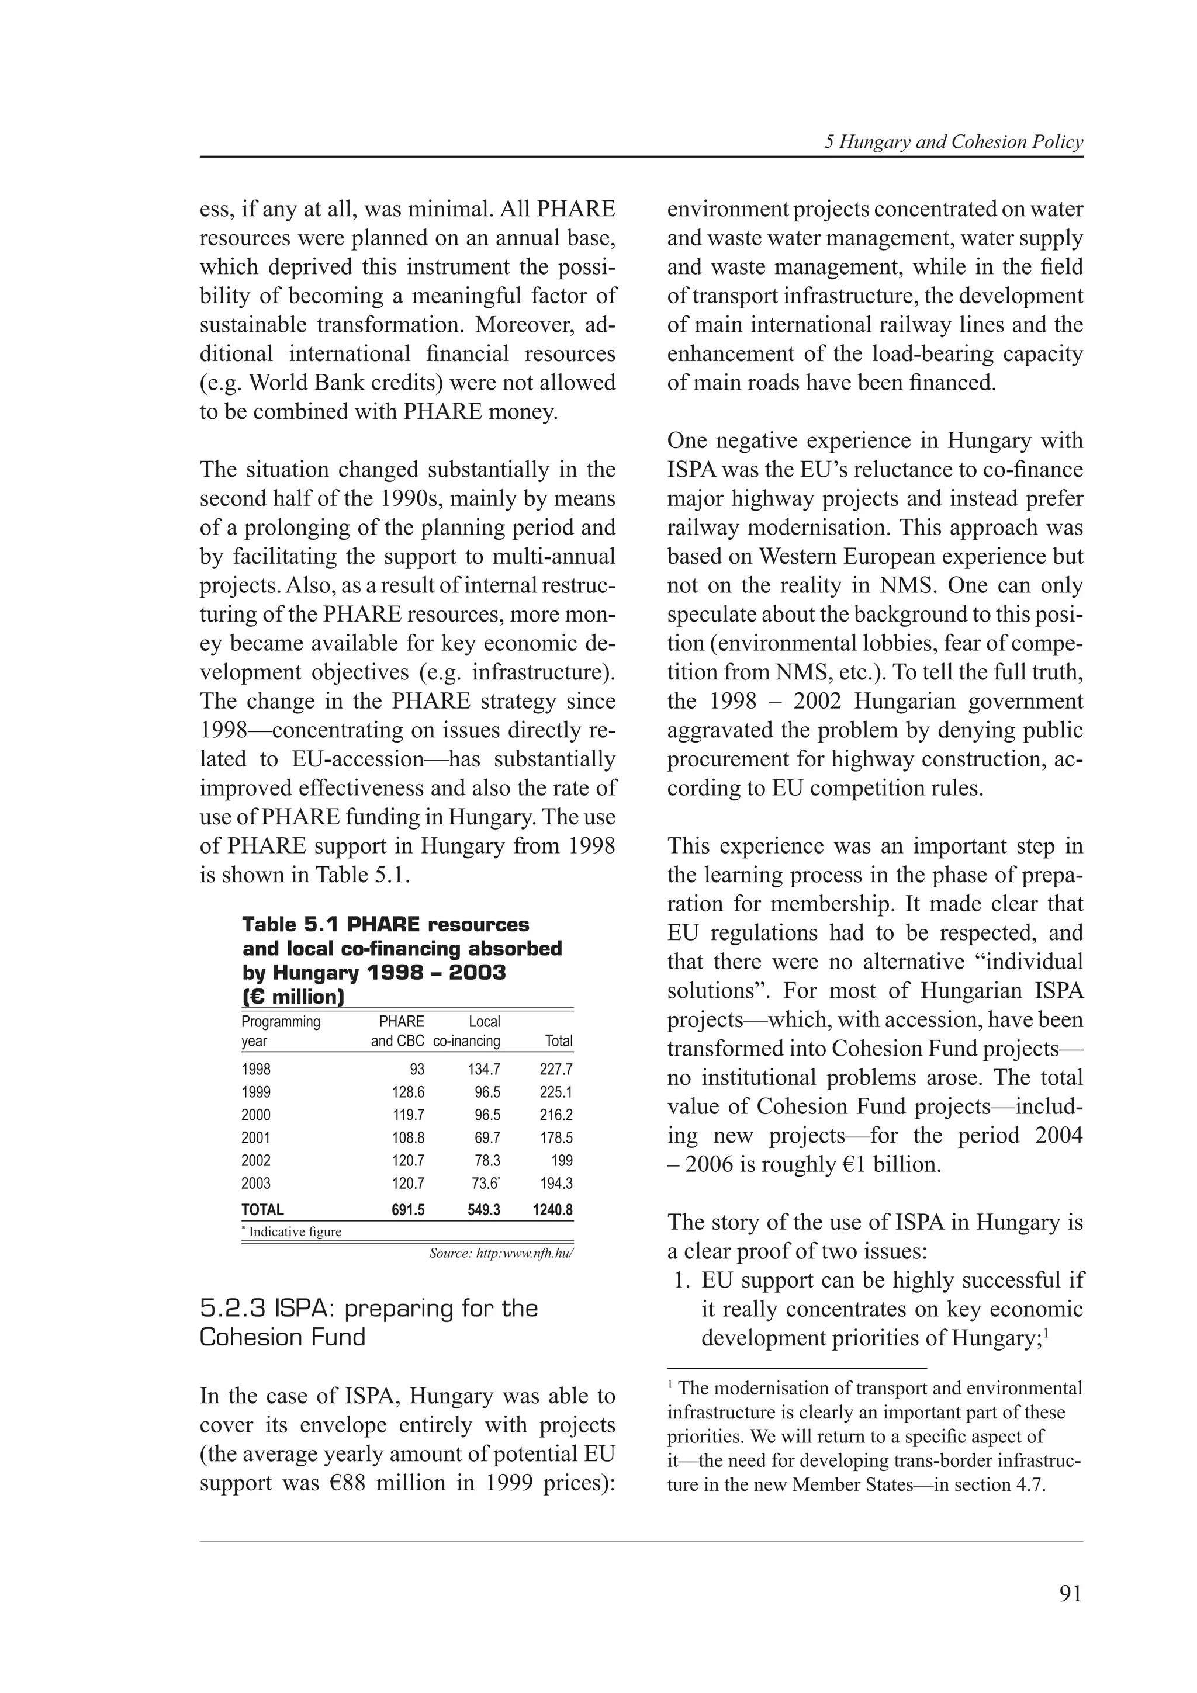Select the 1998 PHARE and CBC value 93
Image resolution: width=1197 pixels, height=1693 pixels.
click(x=416, y=1069)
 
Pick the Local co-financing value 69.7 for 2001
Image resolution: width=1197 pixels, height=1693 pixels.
click(x=487, y=1138)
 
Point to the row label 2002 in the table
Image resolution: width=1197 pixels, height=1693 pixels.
click(x=256, y=1161)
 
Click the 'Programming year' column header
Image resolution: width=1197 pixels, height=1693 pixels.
click(x=281, y=1031)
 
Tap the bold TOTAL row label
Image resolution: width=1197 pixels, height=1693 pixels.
click(x=262, y=1210)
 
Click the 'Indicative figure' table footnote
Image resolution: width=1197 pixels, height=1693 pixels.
click(x=294, y=1231)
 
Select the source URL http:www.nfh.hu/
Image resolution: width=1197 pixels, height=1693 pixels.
click(x=501, y=1254)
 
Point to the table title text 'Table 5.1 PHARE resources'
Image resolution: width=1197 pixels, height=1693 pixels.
click(x=386, y=925)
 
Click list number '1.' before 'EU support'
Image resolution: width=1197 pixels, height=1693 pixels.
click(x=682, y=1280)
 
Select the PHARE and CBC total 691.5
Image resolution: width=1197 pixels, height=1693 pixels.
click(x=408, y=1210)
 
